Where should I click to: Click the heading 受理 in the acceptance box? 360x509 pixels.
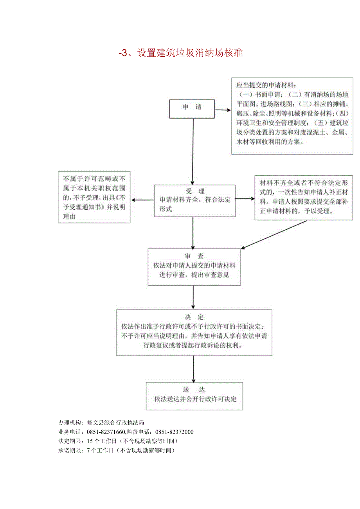[x=195, y=191]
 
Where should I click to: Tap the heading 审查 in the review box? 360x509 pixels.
[x=194, y=256]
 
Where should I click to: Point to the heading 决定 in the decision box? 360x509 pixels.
[x=194, y=317]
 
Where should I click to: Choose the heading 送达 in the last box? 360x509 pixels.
[x=194, y=390]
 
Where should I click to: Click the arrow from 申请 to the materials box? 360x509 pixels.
[x=223, y=110]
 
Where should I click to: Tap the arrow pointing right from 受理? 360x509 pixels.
[x=245, y=198]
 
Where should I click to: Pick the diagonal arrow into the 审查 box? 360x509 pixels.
[x=274, y=234]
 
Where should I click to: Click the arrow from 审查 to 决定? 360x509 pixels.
[x=193, y=297]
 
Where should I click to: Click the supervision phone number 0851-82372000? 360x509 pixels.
[x=175, y=432]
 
